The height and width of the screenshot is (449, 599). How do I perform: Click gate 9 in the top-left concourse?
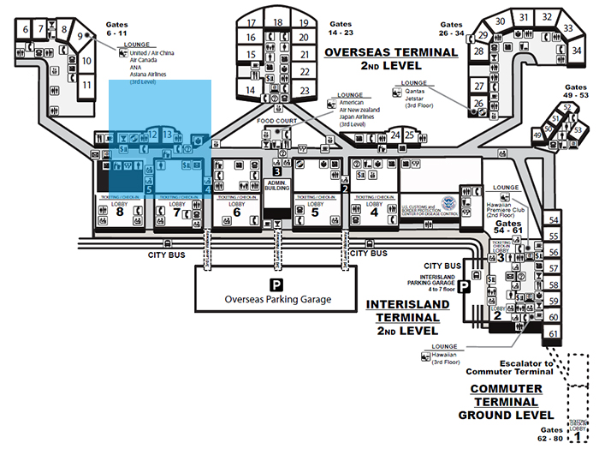pos(83,36)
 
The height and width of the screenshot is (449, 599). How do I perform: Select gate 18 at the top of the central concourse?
pos(278,22)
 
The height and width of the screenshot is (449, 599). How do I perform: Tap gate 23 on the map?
pos(304,89)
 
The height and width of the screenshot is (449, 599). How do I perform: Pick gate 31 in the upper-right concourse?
pos(525,16)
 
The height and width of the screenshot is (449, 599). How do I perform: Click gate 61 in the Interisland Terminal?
pos(554,333)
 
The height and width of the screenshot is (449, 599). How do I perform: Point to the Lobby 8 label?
pos(120,209)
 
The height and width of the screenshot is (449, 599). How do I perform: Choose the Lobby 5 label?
pos(315,209)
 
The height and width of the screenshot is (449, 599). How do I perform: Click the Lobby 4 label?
pos(373,209)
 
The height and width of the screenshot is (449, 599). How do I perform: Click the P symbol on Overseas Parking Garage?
pos(276,284)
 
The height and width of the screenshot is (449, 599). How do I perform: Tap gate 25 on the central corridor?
pos(411,135)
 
